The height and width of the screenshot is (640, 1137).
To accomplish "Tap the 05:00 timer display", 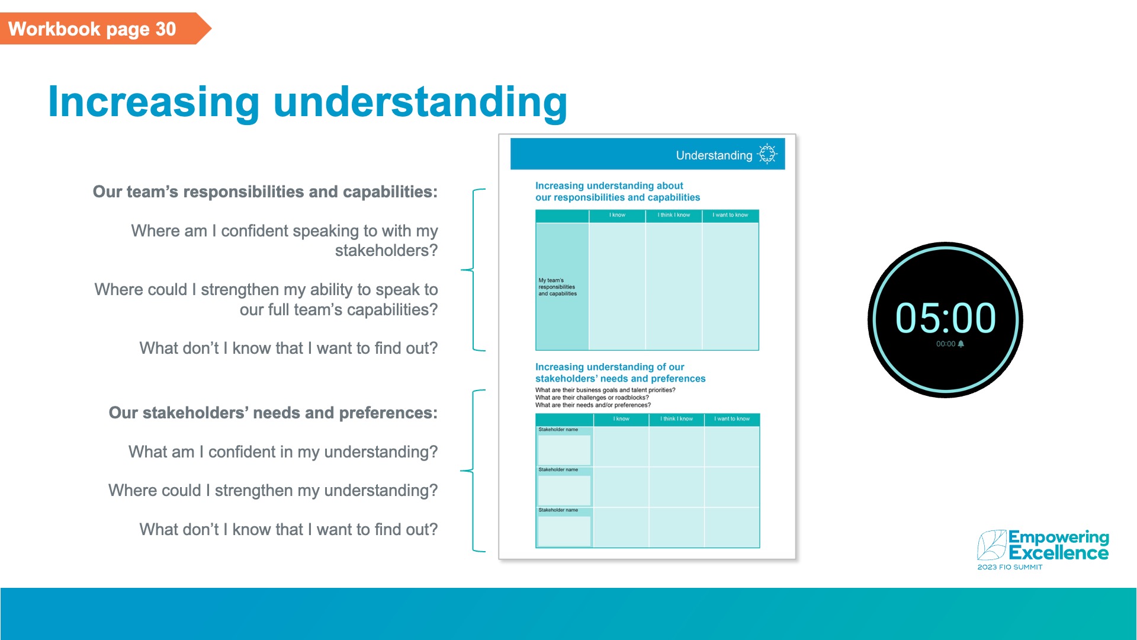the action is click(945, 318).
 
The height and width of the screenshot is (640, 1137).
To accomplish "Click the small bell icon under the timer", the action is click(961, 344).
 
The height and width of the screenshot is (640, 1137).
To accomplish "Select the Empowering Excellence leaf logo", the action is click(991, 545).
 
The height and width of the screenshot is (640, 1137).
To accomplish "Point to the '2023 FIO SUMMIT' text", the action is click(1010, 567).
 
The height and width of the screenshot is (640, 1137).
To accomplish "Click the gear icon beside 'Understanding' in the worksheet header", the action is click(767, 153).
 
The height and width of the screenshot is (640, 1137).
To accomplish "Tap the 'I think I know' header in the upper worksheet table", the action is click(673, 215).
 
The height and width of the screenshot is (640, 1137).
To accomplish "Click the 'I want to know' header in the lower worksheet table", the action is click(732, 419).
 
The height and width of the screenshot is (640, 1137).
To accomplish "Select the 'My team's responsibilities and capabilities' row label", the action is click(557, 287).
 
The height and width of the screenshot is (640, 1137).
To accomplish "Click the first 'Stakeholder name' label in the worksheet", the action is click(558, 430).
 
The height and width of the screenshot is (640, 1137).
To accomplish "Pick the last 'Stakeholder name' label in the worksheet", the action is click(558, 510).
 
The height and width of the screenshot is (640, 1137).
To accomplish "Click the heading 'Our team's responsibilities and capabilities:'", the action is click(265, 192).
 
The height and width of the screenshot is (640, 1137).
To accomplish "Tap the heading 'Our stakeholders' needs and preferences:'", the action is click(273, 413).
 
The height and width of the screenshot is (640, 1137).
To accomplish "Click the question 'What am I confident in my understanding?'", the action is click(283, 452).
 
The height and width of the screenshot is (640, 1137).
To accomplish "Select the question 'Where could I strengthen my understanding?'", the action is click(273, 491).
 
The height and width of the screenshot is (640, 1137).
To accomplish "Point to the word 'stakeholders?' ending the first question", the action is click(386, 251).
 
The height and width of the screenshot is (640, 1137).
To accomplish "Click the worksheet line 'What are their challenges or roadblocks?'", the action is click(592, 398).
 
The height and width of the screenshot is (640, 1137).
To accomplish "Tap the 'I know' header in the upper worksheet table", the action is click(617, 215).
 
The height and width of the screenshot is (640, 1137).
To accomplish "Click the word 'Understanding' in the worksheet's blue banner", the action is click(714, 155).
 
